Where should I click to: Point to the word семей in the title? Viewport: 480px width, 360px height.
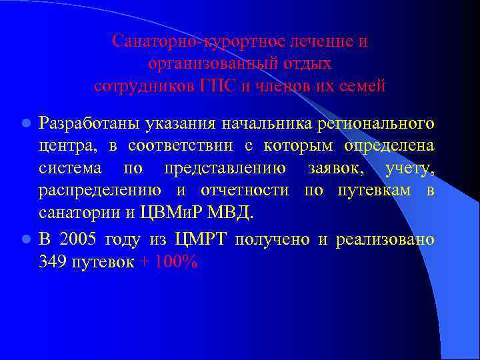(x=364, y=86)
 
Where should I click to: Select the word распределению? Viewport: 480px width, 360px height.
(x=101, y=193)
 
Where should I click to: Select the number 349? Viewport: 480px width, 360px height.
(x=52, y=262)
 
